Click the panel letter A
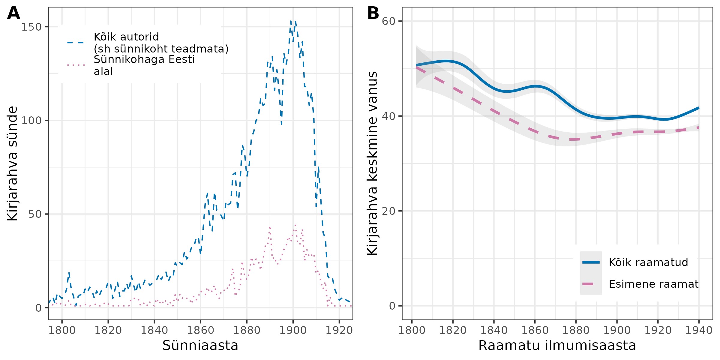pos(13,13)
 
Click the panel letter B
pos(373,13)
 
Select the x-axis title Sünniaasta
pos(200,346)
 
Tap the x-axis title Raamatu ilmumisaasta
pos(557,346)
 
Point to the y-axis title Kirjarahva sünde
pos(13,163)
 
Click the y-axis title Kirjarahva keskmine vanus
pos(372,163)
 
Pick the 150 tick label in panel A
pos(31,27)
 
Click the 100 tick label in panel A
pos(31,121)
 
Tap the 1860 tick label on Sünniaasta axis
pos(200,330)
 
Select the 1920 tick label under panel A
pos(339,330)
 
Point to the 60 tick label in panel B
pos(388,21)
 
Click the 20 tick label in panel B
pos(388,211)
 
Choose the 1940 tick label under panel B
pos(699,330)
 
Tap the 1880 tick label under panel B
pos(576,330)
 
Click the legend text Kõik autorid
pos(126,37)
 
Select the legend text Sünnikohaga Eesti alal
pos(144,65)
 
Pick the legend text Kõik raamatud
pos(648,262)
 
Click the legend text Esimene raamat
pos(653,284)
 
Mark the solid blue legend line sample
pos(591,262)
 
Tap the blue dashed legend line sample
pos(76,43)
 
